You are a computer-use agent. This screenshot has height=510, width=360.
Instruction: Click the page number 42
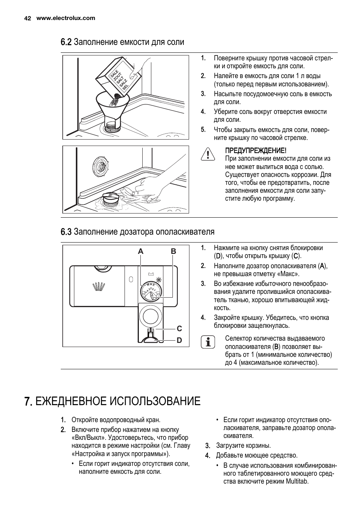(27, 18)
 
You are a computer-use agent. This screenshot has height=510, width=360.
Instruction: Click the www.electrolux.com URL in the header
(66, 18)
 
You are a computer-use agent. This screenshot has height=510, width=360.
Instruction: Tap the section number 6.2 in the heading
(66, 42)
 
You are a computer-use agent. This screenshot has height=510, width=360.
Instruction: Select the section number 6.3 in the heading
(66, 232)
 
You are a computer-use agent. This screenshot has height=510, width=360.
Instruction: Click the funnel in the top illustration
(112, 106)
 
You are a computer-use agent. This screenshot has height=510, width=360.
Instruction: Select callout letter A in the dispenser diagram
(141, 251)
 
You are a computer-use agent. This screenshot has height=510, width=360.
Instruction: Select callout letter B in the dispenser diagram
(173, 251)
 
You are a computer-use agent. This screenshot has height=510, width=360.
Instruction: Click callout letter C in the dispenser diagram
(179, 329)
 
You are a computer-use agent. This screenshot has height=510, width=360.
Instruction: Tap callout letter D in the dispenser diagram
(179, 340)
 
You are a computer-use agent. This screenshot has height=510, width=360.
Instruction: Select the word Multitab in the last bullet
(297, 481)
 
